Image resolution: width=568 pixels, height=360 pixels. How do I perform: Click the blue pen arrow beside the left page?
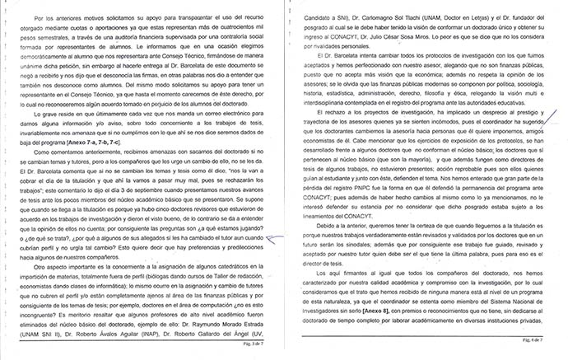click(x=275, y=213)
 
